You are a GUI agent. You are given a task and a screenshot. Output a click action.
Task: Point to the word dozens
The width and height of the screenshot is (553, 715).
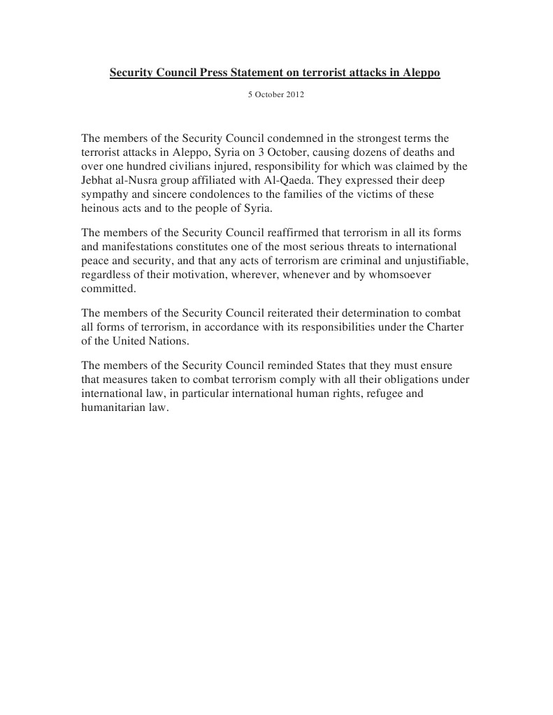[x=359, y=152]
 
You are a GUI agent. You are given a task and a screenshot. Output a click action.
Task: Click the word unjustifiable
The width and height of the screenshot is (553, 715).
[x=433, y=261]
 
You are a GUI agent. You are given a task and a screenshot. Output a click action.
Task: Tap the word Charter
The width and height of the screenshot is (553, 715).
[x=445, y=327]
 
